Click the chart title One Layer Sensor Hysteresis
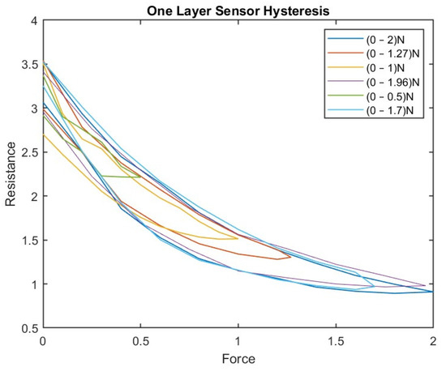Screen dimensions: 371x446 tap(238, 9)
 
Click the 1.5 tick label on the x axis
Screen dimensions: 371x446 tap(335, 342)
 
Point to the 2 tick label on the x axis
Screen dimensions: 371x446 tap(432, 342)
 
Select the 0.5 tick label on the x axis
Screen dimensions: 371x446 tap(140, 342)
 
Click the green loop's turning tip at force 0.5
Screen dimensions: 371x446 tap(140, 177)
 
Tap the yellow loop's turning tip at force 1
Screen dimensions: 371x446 tap(238, 238)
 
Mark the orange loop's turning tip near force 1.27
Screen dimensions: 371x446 tap(290, 257)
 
